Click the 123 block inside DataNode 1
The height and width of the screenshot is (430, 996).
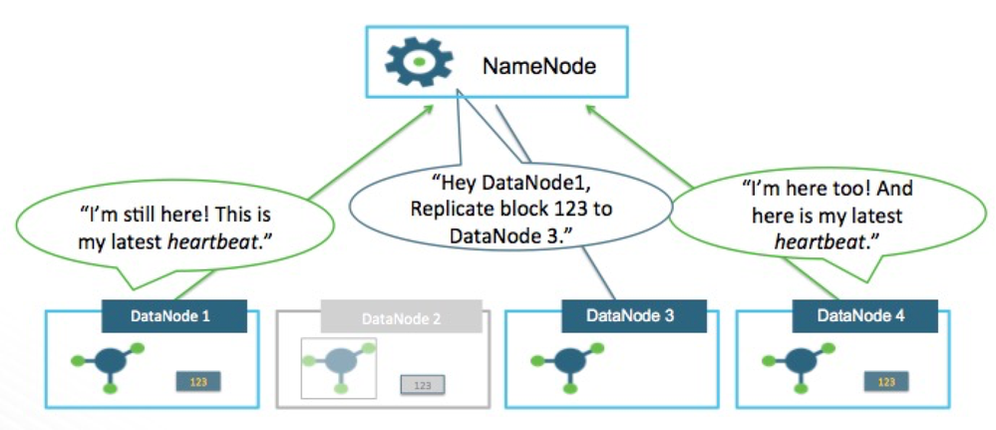pos(198,380)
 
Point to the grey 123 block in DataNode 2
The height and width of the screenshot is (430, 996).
pos(422,384)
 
